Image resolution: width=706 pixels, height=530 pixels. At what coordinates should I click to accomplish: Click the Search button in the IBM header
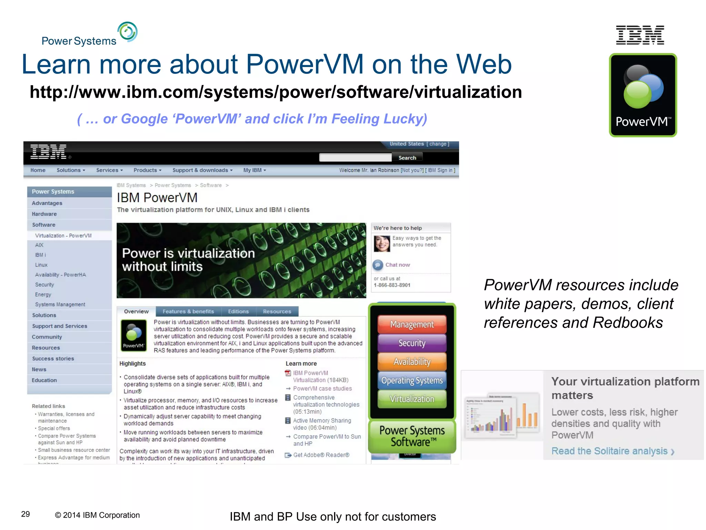(407, 158)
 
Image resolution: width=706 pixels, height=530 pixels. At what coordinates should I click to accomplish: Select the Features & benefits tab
(188, 311)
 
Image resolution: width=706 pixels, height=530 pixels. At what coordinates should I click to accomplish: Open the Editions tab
(238, 311)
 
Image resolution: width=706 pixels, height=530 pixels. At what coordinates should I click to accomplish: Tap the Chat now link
(397, 265)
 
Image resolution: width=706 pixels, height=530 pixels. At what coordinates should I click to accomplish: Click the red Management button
(412, 324)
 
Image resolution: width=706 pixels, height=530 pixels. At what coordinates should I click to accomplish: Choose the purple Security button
(412, 343)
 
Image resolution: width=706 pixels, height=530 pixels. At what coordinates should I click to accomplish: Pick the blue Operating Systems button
(412, 380)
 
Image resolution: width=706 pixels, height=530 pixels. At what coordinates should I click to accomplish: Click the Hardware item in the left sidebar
(44, 214)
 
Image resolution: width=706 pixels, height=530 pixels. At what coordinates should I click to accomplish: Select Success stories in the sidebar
(53, 359)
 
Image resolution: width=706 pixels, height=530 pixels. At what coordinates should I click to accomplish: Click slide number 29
(26, 514)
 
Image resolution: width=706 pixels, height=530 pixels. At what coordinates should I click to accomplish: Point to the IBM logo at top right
(640, 35)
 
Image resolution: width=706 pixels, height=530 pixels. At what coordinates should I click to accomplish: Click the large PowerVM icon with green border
(643, 95)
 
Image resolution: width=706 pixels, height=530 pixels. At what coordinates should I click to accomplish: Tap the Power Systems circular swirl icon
(128, 32)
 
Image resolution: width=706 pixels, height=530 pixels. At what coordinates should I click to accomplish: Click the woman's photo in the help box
(382, 244)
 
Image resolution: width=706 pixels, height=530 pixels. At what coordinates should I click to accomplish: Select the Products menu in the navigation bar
(147, 170)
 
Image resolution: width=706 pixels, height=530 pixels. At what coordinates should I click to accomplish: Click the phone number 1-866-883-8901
(392, 285)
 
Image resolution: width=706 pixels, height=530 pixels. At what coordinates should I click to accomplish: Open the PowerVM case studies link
(322, 389)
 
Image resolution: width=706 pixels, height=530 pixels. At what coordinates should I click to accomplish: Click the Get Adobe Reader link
(321, 455)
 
